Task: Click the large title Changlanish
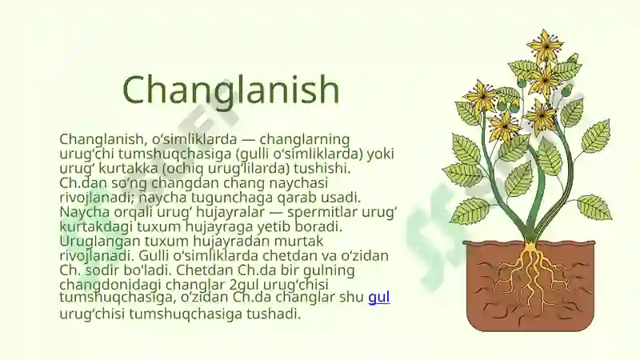pyautogui.click(x=230, y=90)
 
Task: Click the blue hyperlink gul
pyautogui.click(x=378, y=297)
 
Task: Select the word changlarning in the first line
pyautogui.click(x=305, y=139)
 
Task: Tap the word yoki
pyautogui.click(x=381, y=154)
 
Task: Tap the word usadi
pyautogui.click(x=341, y=198)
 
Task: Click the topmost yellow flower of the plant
pyautogui.click(x=546, y=45)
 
